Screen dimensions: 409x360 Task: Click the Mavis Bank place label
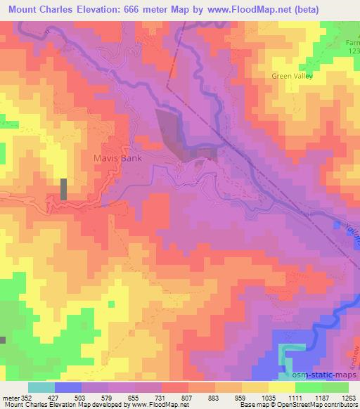118,158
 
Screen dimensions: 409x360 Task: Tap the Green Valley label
293,75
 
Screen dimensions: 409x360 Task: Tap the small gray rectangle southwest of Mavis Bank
64,189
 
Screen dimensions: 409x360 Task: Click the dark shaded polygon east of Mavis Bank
172,130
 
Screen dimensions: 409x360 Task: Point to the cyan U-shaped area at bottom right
291,355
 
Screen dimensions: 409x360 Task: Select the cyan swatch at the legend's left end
41,387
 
